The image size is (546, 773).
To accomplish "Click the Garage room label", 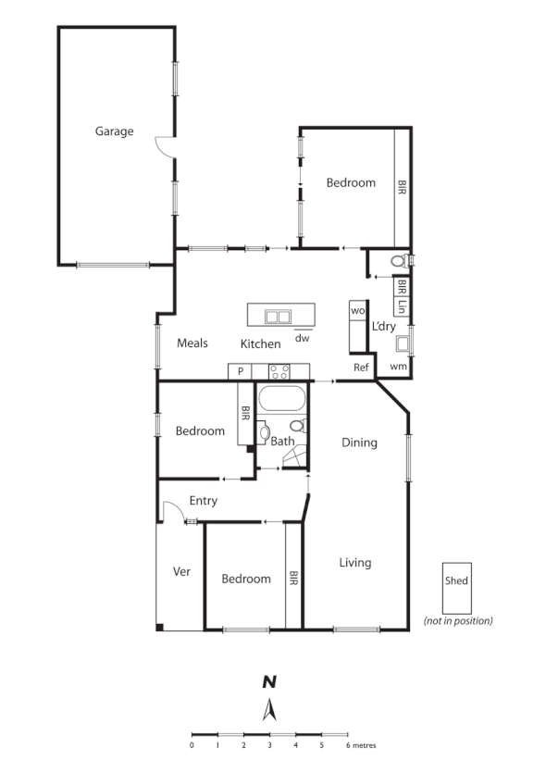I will (114, 131).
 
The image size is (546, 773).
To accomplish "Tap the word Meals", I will (192, 343).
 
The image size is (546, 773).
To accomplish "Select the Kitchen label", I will (260, 344).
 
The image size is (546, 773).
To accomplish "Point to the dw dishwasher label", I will (302, 338).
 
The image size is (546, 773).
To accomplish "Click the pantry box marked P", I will (240, 371).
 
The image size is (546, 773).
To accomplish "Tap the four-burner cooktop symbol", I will (279, 371).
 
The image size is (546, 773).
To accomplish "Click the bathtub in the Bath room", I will (281, 400).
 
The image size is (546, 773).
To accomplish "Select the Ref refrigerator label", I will (361, 368).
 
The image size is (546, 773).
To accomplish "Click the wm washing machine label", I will (398, 368).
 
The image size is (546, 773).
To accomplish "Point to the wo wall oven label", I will (357, 311).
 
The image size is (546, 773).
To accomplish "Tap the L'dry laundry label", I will (384, 327).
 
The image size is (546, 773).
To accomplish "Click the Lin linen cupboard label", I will (403, 306).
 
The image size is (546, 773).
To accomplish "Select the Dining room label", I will (359, 443).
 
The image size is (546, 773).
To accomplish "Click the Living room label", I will (354, 562).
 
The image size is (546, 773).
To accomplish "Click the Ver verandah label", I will (181, 571).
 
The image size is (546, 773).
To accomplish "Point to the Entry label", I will (203, 501).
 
